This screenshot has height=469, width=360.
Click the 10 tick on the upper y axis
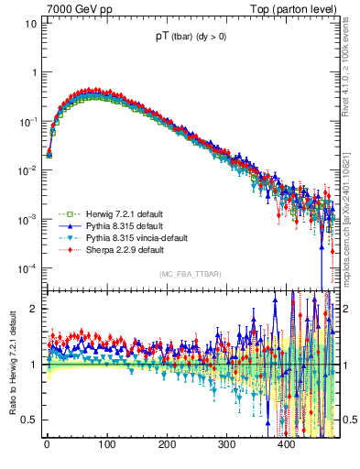pyautogui.click(x=31, y=23)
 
